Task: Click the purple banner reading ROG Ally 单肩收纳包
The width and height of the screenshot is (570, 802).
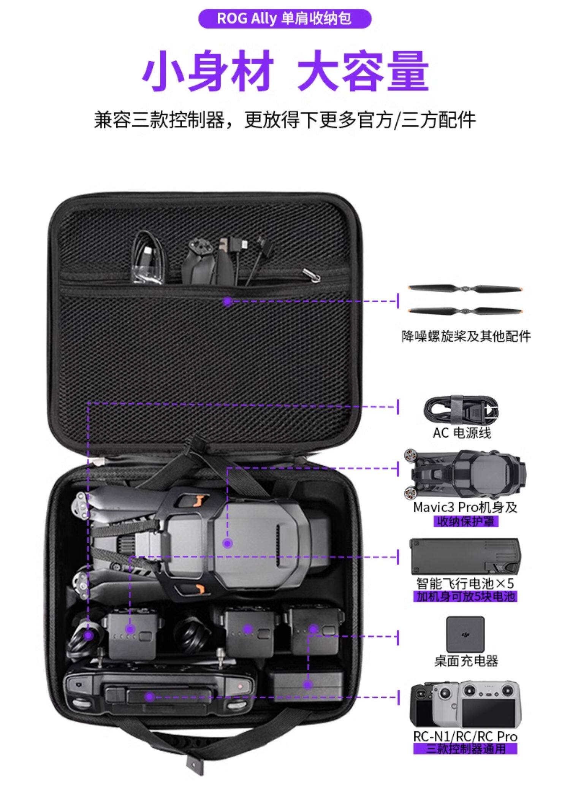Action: click(x=285, y=19)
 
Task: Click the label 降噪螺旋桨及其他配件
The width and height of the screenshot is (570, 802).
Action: click(x=466, y=336)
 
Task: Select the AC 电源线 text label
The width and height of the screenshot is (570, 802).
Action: click(x=462, y=433)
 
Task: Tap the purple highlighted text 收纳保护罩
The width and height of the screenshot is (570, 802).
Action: click(x=465, y=521)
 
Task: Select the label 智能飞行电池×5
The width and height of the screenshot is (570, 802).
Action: click(x=465, y=583)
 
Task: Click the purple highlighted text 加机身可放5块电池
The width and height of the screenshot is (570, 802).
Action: click(x=465, y=596)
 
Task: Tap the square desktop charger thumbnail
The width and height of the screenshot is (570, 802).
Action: click(x=465, y=634)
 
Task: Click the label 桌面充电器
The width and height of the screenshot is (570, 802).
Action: click(x=466, y=661)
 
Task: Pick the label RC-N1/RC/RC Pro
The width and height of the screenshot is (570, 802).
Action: click(x=465, y=736)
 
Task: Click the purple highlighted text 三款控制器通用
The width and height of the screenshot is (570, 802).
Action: click(x=465, y=749)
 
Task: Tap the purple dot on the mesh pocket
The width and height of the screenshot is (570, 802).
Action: click(x=227, y=301)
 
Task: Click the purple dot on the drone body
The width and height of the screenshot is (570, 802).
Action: click(x=227, y=543)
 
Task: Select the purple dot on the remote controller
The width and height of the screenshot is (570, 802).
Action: click(x=149, y=697)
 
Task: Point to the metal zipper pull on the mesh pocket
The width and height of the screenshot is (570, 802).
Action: click(x=311, y=276)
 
